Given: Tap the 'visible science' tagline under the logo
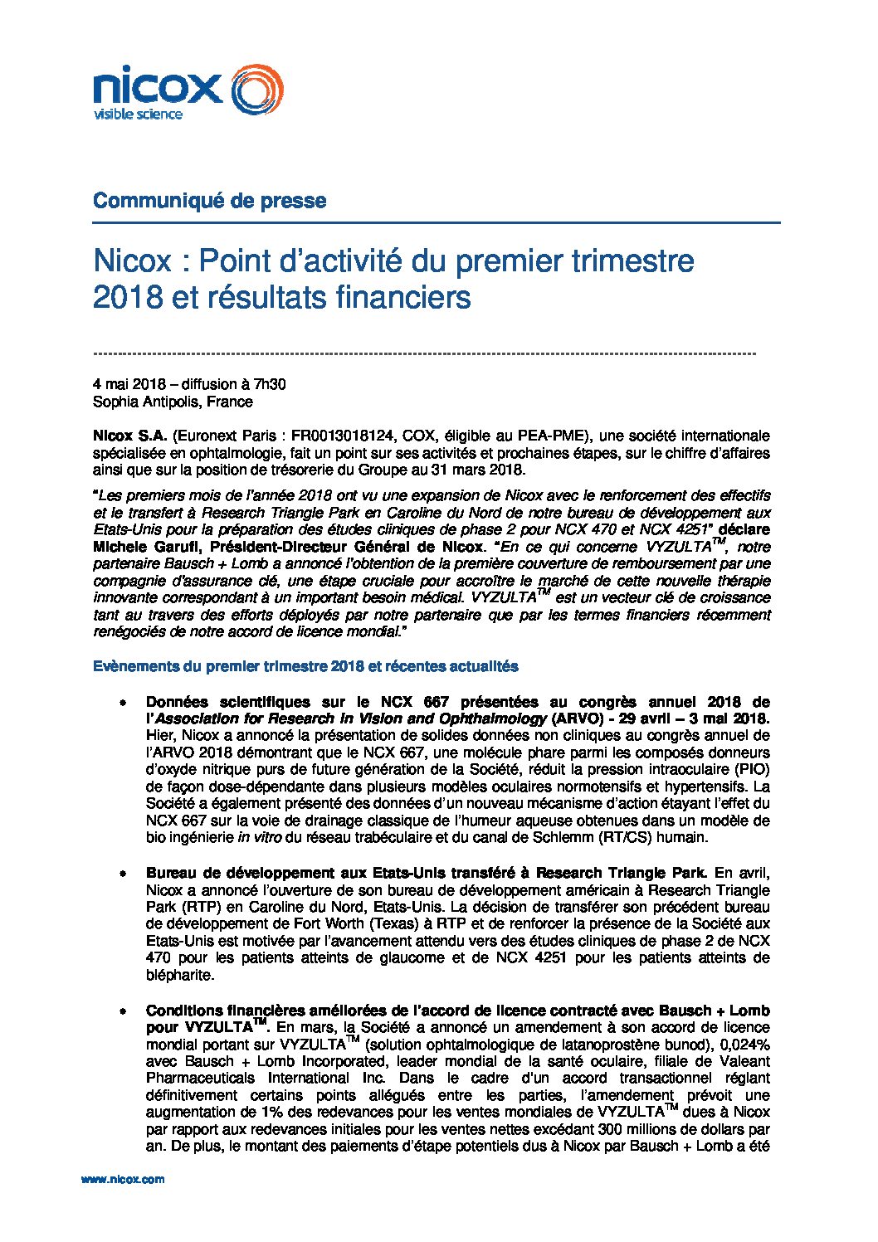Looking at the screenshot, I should coord(137,114).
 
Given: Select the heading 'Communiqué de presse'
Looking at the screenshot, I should coord(209,201).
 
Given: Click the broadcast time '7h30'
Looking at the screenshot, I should coord(270,384).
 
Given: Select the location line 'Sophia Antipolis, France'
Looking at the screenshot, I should coord(173,402).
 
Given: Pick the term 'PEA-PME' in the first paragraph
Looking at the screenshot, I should coord(555,436).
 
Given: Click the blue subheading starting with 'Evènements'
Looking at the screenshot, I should coord(305,666).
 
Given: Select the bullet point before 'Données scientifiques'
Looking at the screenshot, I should coord(123,702).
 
